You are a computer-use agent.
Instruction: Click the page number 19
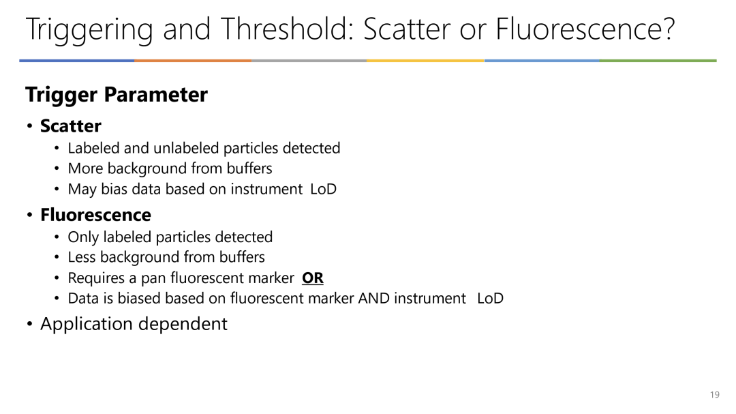click(714, 395)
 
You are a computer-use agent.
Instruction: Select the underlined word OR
click(313, 278)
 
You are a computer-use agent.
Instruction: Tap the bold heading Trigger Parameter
click(117, 94)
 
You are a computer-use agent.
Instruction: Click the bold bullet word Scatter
click(70, 126)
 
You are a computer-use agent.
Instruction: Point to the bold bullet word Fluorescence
click(96, 215)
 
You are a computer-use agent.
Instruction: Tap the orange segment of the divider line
click(193, 61)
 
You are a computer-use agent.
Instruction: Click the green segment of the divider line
click(658, 61)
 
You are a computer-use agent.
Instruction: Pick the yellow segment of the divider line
click(425, 61)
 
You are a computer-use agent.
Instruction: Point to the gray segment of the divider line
click(309, 61)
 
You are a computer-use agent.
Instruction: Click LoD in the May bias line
click(324, 189)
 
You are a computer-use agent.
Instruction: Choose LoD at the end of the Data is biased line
click(491, 299)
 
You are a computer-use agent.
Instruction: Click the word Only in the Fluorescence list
click(83, 237)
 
